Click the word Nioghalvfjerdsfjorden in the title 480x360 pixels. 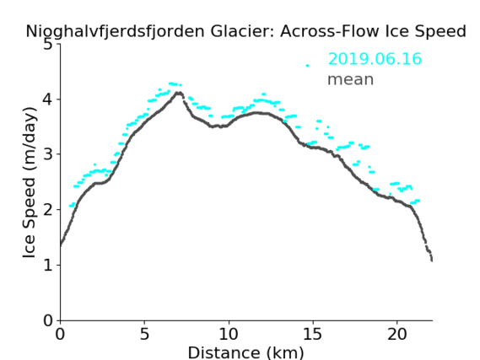click(x=115, y=32)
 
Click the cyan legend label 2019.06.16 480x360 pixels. click(x=375, y=59)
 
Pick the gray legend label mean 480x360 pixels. click(x=351, y=79)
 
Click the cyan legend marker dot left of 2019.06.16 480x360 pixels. click(x=307, y=66)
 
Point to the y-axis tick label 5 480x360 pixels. click(x=48, y=45)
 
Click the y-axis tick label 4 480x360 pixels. click(x=48, y=99)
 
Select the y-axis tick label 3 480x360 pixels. click(x=48, y=154)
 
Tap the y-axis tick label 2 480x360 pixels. click(x=48, y=210)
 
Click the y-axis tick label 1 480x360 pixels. click(x=48, y=265)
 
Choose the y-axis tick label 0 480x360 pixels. click(x=48, y=320)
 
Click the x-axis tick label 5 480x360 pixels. click(x=144, y=334)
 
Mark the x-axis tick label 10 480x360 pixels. click(x=229, y=334)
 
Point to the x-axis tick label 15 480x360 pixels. click(x=313, y=334)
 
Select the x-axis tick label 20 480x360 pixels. click(x=397, y=334)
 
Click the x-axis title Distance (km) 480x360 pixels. click(x=245, y=352)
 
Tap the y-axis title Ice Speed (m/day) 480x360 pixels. click(x=30, y=183)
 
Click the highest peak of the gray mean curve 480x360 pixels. click(x=179, y=93)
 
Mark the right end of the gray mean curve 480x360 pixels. click(x=432, y=261)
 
